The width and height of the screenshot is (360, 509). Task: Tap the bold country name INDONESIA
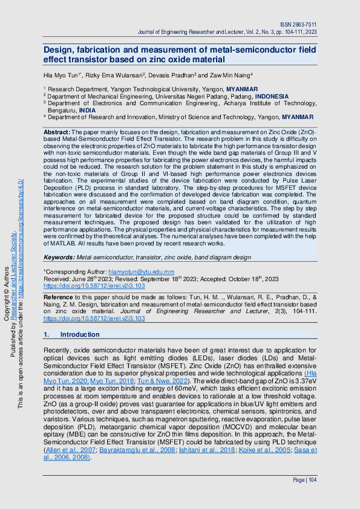272,96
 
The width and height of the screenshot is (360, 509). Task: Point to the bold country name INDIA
87,111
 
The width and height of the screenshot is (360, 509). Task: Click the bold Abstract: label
57,131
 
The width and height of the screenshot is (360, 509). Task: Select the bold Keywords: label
60,257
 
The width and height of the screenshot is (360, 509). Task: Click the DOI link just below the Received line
94,286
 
